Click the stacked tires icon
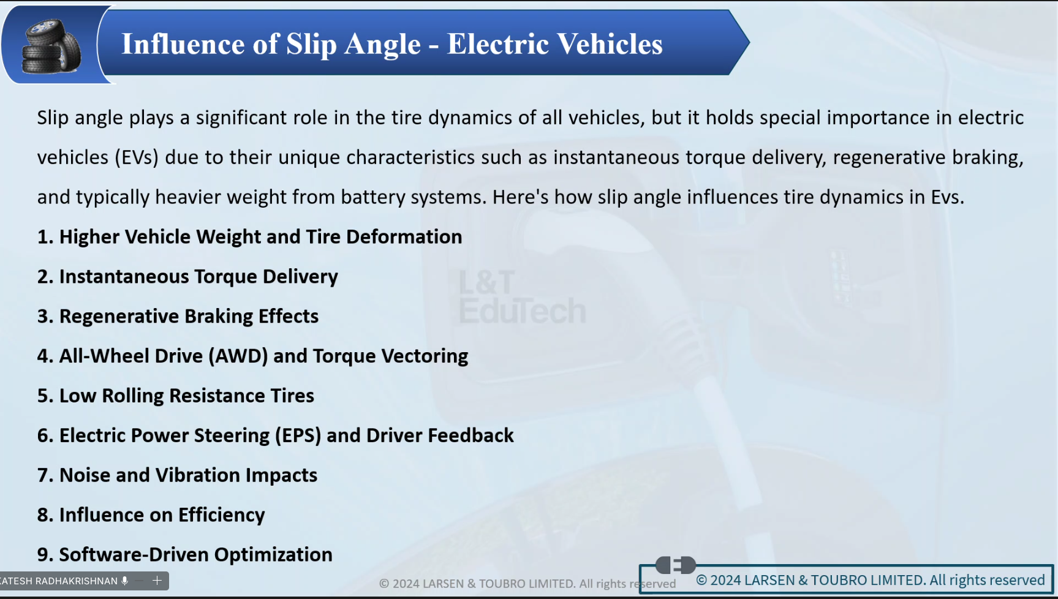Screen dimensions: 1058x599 (51, 47)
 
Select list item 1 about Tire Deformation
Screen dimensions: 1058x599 (249, 237)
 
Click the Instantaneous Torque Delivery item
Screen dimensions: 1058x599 (187, 277)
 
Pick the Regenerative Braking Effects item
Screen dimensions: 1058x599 (178, 316)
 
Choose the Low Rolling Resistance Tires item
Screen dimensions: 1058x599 (175, 396)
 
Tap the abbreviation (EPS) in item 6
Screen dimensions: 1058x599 (298, 435)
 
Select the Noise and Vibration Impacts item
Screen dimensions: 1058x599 (177, 475)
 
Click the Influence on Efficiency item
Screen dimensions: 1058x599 (151, 515)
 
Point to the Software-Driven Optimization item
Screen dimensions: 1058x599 (184, 554)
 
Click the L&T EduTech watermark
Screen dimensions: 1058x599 (522, 297)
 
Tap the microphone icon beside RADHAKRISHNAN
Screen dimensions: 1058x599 (125, 581)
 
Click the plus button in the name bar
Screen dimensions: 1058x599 (157, 581)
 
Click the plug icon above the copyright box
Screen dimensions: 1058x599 (676, 565)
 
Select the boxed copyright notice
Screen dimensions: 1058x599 (845, 580)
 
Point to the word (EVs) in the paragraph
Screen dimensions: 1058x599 (137, 157)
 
